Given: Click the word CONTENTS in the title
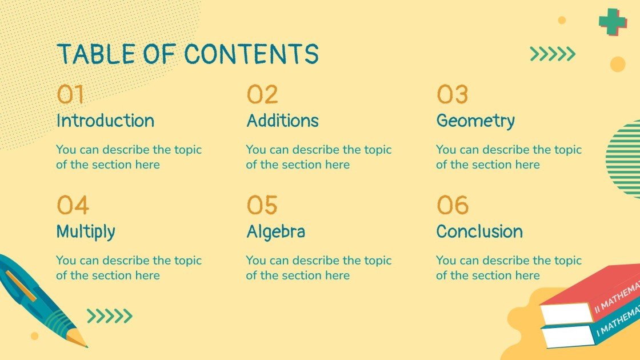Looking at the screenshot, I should tap(251, 54).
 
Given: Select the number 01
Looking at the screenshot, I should tap(70, 95).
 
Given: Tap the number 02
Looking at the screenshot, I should tap(262, 95).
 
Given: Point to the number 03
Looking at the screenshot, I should tap(453, 95).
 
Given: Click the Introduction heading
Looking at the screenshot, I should tap(105, 121).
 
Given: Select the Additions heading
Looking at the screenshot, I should tap(282, 121).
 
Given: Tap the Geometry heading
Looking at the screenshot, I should tap(475, 121).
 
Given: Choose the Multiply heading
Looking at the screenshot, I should tap(86, 232).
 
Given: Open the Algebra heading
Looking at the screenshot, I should tap(275, 232).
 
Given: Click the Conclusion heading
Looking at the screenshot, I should tap(479, 232).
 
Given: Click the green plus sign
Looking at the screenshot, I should tap(613, 22).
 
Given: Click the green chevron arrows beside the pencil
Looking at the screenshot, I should tap(109, 315).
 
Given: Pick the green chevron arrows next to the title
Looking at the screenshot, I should tap(552, 54).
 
